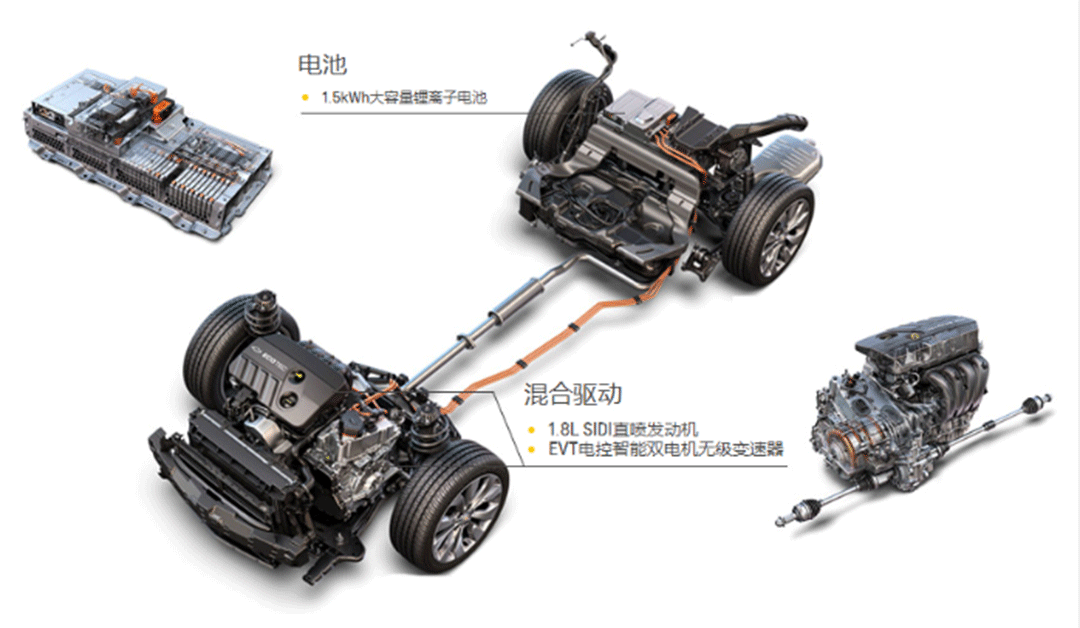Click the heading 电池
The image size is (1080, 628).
click(322, 64)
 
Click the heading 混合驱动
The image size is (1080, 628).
click(572, 394)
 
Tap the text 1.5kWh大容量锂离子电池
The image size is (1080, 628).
click(404, 97)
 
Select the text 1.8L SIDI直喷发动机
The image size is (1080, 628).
click(623, 430)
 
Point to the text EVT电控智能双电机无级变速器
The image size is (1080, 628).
click(666, 450)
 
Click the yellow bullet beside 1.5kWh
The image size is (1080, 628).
click(305, 98)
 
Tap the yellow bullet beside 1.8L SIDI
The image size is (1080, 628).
click(531, 430)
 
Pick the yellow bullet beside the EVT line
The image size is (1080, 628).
click(531, 450)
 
